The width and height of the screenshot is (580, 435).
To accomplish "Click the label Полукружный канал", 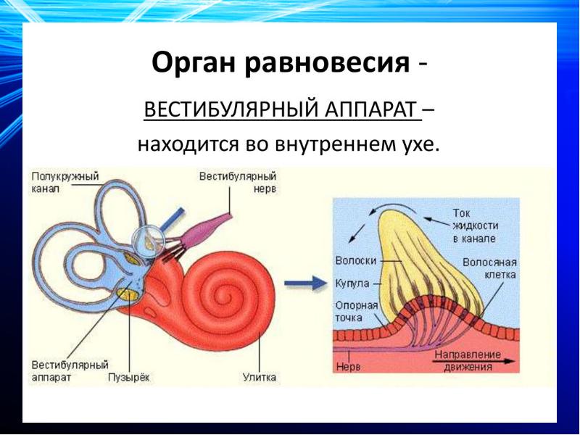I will [65, 181].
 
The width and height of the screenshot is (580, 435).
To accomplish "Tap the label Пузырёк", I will [128, 378].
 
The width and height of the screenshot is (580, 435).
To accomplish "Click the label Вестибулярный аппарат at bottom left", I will [70, 371].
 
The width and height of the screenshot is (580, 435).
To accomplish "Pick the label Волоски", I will [353, 260].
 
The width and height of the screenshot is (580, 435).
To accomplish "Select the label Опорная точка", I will [357, 312].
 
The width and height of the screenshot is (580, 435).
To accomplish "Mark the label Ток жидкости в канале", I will [472, 225].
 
